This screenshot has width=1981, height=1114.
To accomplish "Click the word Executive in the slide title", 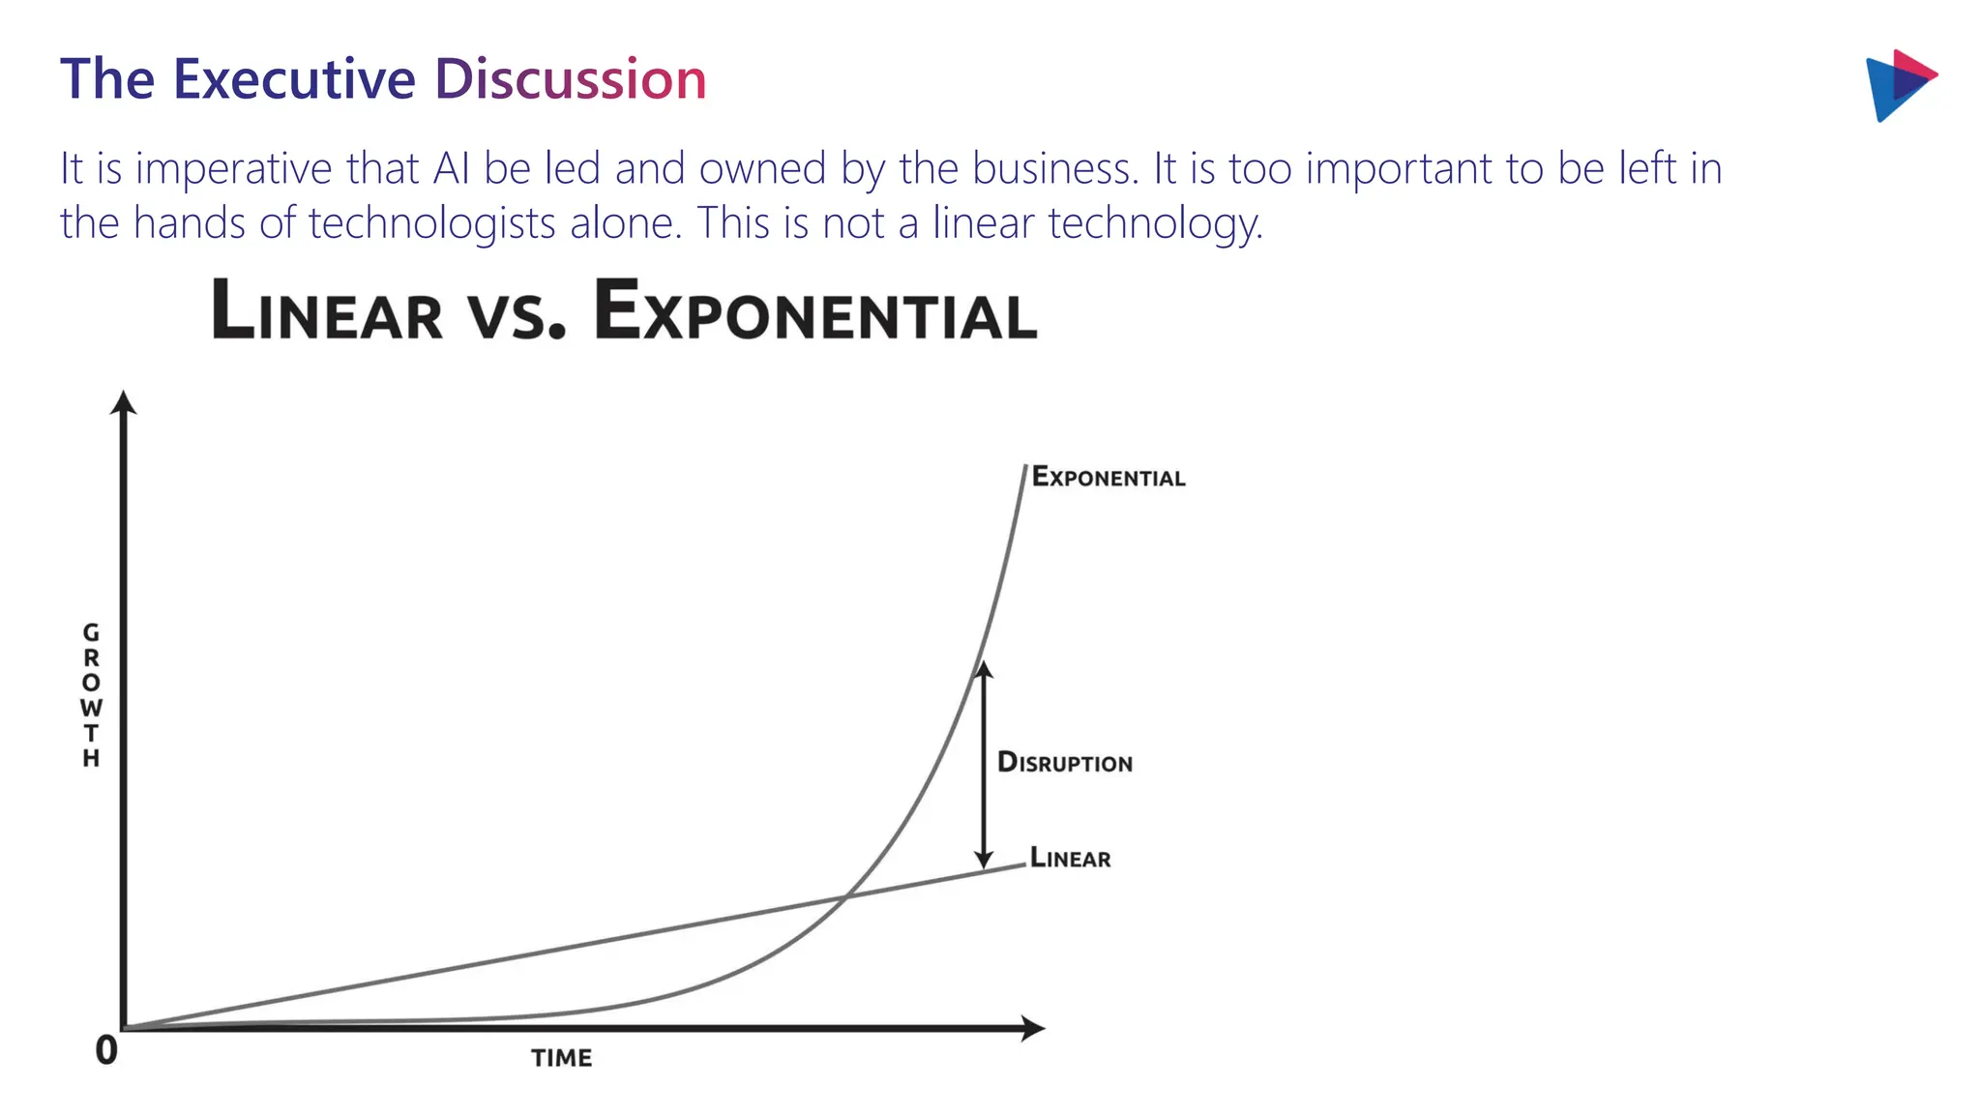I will pyautogui.click(x=294, y=79).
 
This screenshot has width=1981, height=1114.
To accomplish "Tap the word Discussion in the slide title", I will pyautogui.click(x=570, y=79).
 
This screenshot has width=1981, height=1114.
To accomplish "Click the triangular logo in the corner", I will pyautogui.click(x=1898, y=84).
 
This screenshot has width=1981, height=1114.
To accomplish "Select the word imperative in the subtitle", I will pyautogui.click(x=233, y=169).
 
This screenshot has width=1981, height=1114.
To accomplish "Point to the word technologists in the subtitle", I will pyautogui.click(x=431, y=223).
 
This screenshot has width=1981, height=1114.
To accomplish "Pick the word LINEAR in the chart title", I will pyautogui.click(x=326, y=311).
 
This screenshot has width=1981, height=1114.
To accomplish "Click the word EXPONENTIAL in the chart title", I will pyautogui.click(x=814, y=311).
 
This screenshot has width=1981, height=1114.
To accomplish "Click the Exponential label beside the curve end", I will pyautogui.click(x=1108, y=477).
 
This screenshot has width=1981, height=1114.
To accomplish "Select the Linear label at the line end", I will pyautogui.click(x=1070, y=858).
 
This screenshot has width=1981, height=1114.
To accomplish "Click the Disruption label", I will pyautogui.click(x=1064, y=762).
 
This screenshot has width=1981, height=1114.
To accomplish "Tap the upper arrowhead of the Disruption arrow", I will pyautogui.click(x=984, y=669).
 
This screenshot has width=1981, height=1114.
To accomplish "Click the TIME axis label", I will pyautogui.click(x=561, y=1058).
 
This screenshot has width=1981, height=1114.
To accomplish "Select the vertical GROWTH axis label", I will pyautogui.click(x=91, y=694).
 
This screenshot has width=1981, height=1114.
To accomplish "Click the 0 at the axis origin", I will pyautogui.click(x=106, y=1050).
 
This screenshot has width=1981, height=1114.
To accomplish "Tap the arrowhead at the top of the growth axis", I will pyautogui.click(x=123, y=402).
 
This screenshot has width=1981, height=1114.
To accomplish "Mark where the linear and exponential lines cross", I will pyautogui.click(x=844, y=899).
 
